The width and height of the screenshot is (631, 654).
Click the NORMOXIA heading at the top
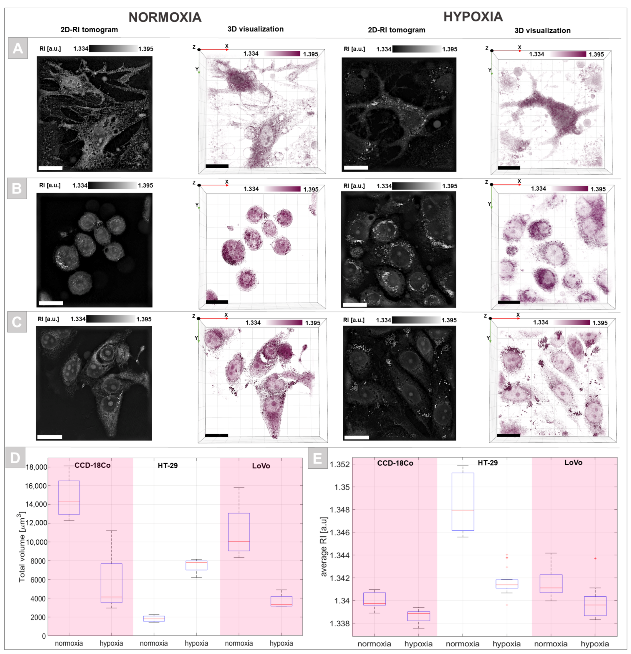[x=165, y=17]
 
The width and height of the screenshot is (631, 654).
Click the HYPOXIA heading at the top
[x=473, y=17]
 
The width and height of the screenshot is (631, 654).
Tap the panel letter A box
[x=18, y=48]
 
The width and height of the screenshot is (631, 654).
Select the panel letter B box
[x=17, y=189]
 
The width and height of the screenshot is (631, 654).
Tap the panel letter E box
[x=317, y=458]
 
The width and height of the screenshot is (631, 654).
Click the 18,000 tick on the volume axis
[x=36, y=467]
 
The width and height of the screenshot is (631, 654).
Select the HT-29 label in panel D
[x=168, y=465]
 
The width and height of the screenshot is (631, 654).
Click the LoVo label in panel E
[x=573, y=462]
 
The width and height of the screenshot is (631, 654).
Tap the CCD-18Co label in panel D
[x=92, y=465]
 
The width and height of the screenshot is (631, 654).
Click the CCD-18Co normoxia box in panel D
[x=69, y=497]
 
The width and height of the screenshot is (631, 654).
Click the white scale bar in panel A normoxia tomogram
[x=50, y=168]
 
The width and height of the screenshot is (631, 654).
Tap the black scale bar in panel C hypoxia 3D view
[x=509, y=435]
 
